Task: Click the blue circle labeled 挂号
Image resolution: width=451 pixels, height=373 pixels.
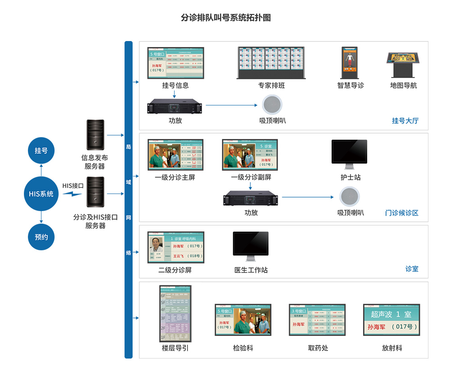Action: pyautogui.click(x=41, y=150)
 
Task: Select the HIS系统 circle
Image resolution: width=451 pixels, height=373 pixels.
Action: pyautogui.click(x=41, y=194)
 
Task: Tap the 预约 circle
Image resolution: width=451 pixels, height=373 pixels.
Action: pyautogui.click(x=41, y=236)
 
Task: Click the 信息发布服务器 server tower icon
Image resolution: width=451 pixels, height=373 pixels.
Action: pyautogui.click(x=95, y=135)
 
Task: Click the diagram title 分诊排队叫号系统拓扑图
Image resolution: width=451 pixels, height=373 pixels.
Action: pyautogui.click(x=225, y=18)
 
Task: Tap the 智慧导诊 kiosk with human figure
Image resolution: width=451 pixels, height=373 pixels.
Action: pyautogui.click(x=350, y=62)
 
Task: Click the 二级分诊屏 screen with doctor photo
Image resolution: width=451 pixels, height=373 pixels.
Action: pyautogui.click(x=175, y=248)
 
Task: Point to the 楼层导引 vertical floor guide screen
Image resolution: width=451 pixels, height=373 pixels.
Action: pyautogui.click(x=175, y=313)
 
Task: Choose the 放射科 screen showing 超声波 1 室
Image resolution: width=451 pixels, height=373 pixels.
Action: pyautogui.click(x=391, y=319)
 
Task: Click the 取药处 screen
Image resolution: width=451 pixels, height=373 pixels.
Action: pyautogui.click(x=318, y=319)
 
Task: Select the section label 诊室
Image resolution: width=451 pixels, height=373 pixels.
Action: pyautogui.click(x=412, y=269)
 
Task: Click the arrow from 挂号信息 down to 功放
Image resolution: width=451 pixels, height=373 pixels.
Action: pyautogui.click(x=174, y=94)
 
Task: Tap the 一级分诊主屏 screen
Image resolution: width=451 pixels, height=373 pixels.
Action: pyautogui.click(x=175, y=155)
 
